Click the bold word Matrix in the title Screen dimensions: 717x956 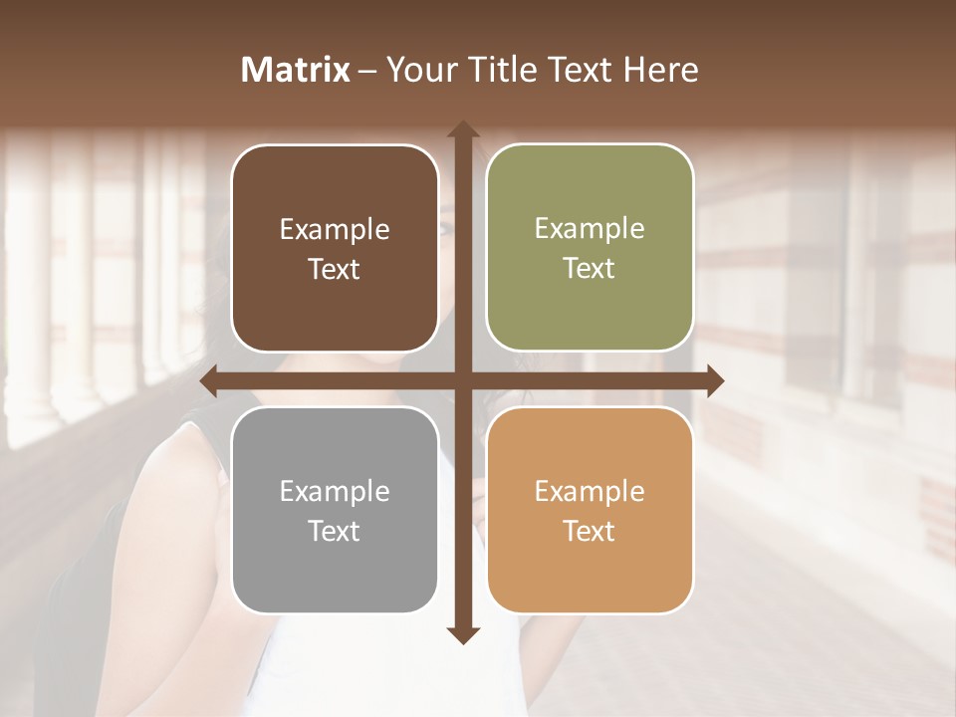(296, 70)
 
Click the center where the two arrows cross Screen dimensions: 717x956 (463, 380)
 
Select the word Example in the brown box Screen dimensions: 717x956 (335, 230)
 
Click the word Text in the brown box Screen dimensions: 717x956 (335, 270)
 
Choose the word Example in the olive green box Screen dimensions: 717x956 (590, 229)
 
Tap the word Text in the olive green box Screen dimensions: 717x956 (590, 269)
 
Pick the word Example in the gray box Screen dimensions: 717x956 (335, 492)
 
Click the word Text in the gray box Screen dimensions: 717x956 (335, 532)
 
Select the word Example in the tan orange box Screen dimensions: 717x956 (590, 492)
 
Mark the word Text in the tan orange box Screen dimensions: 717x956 (590, 532)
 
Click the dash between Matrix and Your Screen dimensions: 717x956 (367, 70)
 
